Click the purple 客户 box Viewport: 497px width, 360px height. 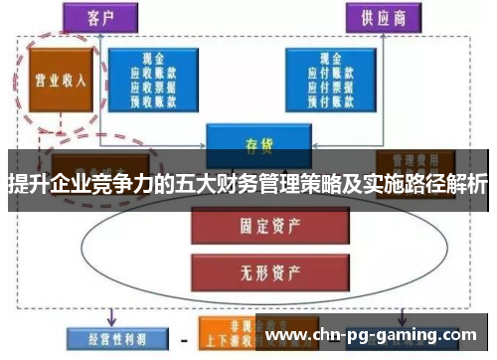[x=125, y=18]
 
